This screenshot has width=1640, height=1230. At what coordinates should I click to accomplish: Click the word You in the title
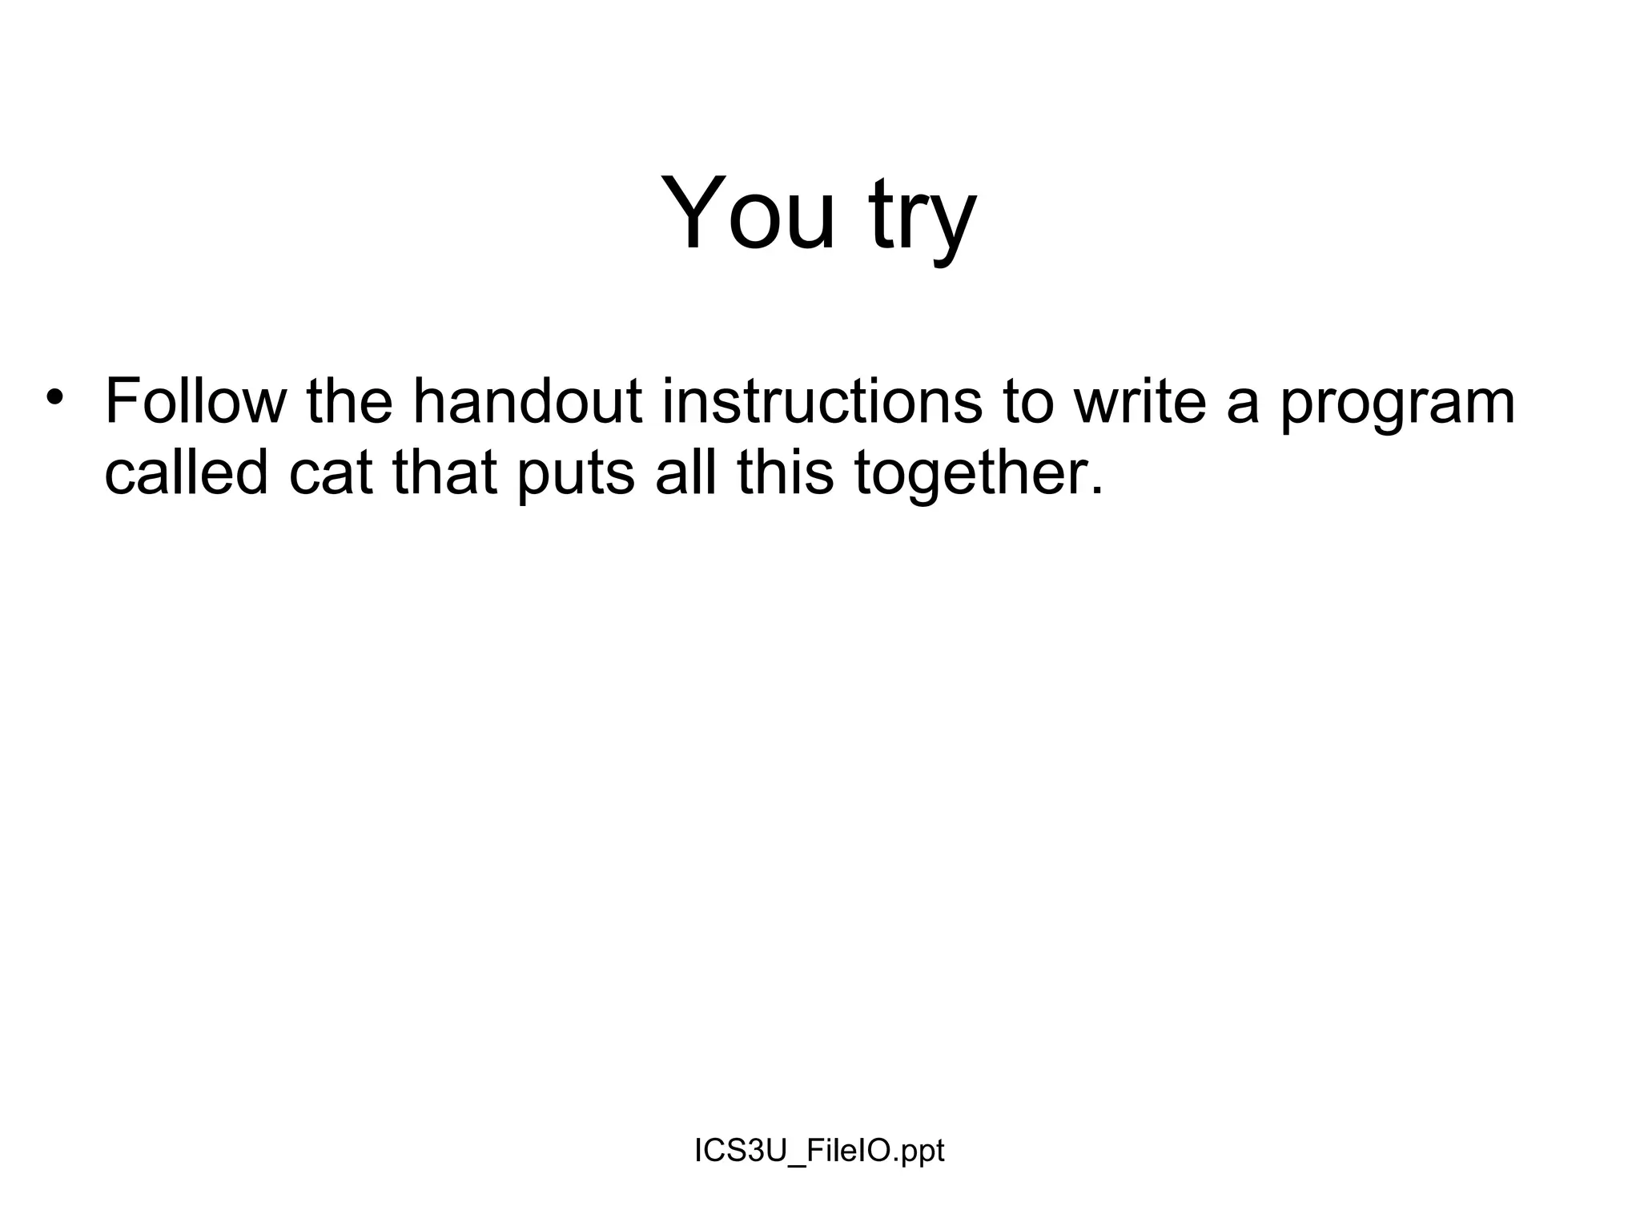click(x=748, y=214)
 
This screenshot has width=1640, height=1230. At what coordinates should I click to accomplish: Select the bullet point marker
click(x=54, y=397)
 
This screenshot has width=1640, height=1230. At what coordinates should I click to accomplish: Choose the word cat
click(x=331, y=472)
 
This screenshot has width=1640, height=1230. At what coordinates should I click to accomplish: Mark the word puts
click(x=575, y=476)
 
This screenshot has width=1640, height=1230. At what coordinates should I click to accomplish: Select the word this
click(x=786, y=472)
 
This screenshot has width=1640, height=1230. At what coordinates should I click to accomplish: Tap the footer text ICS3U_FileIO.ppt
click(x=819, y=1151)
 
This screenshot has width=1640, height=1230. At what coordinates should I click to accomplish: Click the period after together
click(x=1096, y=490)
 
